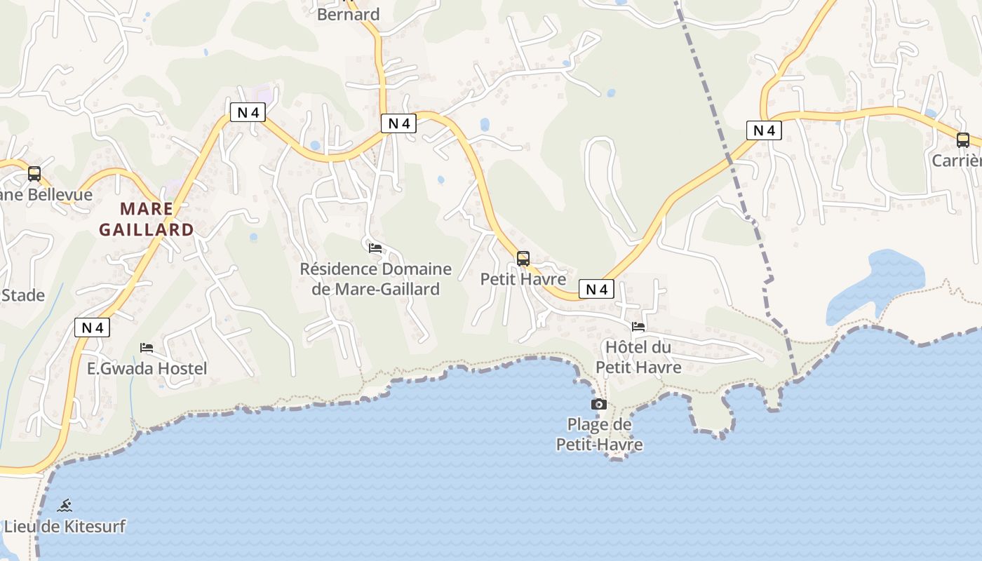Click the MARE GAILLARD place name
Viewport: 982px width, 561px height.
pos(147,219)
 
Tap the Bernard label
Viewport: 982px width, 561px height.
pos(349,14)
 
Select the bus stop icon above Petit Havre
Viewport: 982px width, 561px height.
pos(523,258)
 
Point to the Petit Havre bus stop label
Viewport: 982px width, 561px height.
pos(523,279)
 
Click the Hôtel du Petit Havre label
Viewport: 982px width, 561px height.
pos(638,357)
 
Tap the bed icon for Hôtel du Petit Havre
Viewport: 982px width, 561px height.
pos(638,327)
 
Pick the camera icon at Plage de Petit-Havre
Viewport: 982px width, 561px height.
pos(598,404)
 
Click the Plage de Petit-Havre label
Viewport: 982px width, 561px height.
pos(600,434)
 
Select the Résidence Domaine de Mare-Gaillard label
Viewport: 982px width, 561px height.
pos(376,279)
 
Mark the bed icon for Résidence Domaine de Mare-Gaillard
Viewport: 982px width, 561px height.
pos(375,248)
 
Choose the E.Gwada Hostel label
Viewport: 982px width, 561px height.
pos(147,368)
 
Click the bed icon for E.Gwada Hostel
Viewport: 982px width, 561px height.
pos(147,348)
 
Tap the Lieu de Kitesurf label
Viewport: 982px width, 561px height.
pos(65,526)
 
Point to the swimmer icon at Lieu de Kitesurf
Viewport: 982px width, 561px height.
pos(65,506)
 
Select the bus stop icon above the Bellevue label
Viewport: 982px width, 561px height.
pos(34,174)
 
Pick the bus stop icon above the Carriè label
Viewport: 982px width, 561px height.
pos(963,140)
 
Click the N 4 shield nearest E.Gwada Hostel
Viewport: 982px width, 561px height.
pos(93,327)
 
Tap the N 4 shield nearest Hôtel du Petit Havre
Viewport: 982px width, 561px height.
pos(596,289)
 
